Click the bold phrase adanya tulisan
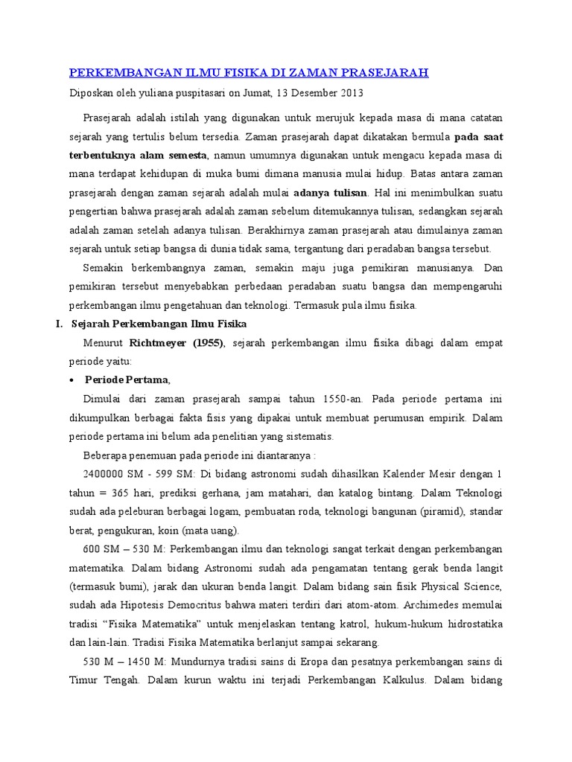(331, 193)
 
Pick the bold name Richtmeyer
(159, 342)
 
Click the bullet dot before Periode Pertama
(71, 380)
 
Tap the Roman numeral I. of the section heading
(62, 324)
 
